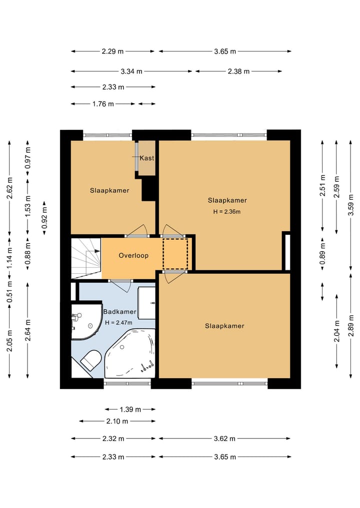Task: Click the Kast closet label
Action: (x=147, y=158)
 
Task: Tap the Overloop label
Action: (x=133, y=255)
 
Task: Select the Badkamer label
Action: (x=119, y=312)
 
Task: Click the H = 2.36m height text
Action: (x=227, y=212)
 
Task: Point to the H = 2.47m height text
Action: (x=118, y=323)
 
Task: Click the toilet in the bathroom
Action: (x=91, y=360)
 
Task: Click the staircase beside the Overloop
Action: (x=86, y=258)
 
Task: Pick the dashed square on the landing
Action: (x=175, y=254)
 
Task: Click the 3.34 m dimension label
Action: (x=131, y=71)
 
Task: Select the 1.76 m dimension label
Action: (x=103, y=104)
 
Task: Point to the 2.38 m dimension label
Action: (x=238, y=71)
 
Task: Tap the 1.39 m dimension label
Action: (x=130, y=410)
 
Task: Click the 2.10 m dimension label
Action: (x=117, y=422)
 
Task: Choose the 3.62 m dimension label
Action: (x=224, y=439)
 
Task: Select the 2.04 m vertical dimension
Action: (x=337, y=331)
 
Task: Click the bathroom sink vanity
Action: (x=146, y=303)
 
